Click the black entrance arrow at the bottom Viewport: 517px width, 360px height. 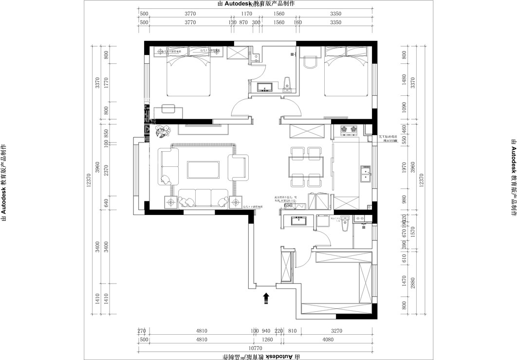click(x=266, y=298)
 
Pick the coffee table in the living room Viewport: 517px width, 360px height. click(x=203, y=169)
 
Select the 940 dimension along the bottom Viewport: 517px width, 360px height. click(x=266, y=331)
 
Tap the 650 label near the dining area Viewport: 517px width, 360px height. click(x=288, y=206)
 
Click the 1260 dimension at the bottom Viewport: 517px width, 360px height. click(x=267, y=340)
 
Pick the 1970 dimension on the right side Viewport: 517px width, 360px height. click(x=404, y=168)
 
